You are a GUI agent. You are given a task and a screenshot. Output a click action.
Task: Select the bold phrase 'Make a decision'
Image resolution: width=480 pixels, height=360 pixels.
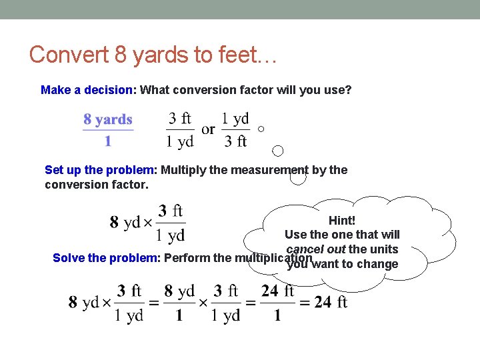pos(87,90)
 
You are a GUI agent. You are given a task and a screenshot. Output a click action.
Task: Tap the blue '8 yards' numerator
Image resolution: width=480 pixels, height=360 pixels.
pos(108,120)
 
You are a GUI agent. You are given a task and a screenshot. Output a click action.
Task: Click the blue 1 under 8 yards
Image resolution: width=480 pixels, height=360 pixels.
pos(108,141)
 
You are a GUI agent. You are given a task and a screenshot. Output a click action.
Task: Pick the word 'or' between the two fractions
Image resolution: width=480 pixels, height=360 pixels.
pos(208,129)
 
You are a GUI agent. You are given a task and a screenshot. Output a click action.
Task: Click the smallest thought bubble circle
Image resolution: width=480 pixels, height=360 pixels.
pos(261,129)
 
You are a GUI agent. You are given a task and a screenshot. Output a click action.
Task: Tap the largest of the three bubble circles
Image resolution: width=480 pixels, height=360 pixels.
pos(298,177)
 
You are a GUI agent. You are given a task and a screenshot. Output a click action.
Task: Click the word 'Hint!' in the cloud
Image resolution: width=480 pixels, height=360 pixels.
pos(342,220)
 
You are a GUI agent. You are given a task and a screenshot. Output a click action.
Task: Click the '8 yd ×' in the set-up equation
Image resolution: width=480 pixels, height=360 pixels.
pos(131,223)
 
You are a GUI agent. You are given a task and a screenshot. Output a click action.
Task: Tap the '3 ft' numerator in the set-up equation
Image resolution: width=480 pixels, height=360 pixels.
pos(171,211)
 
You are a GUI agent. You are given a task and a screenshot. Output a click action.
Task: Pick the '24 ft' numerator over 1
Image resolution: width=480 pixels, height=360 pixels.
pos(277,291)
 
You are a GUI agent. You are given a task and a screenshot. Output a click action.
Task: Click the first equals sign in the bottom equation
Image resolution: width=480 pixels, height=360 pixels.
pos(153,303)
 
